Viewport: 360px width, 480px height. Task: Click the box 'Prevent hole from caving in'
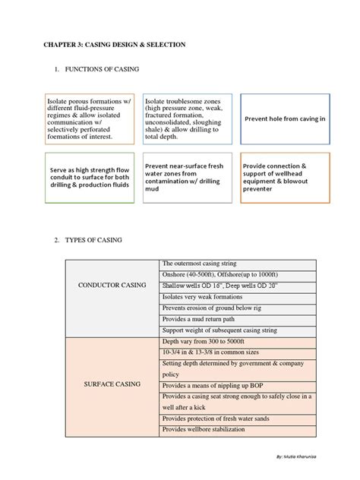click(x=285, y=119)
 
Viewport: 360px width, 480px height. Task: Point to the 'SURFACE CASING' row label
click(x=112, y=384)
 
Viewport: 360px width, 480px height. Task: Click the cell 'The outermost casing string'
click(x=199, y=263)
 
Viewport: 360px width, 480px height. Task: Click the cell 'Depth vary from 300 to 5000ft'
click(x=204, y=343)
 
